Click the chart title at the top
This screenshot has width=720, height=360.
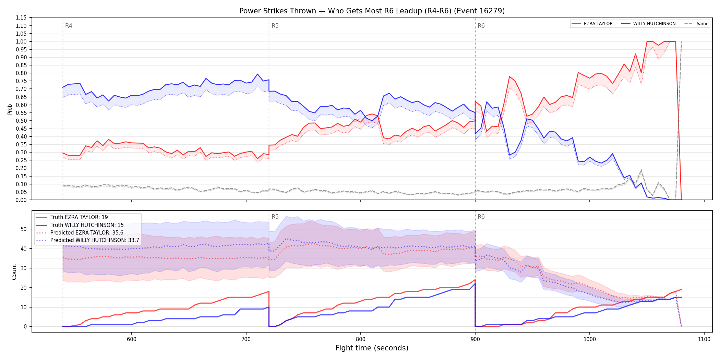(x=372, y=11)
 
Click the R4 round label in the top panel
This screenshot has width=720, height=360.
(x=69, y=26)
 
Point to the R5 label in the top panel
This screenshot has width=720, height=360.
(x=275, y=26)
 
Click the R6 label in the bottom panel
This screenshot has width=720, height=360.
(x=481, y=217)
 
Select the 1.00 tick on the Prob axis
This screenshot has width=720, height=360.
(x=21, y=41)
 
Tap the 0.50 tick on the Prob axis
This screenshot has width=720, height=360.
(x=21, y=121)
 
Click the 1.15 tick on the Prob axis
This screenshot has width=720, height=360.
(x=21, y=18)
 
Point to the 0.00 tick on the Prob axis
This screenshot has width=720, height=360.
(x=21, y=200)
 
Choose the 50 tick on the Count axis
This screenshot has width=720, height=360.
(x=24, y=229)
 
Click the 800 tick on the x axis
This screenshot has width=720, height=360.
(x=361, y=339)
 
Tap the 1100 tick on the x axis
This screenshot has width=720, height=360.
(x=704, y=339)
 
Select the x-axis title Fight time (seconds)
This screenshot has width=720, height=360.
(x=372, y=348)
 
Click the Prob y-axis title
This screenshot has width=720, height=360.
(x=10, y=109)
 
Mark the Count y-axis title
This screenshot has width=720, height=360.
(x=14, y=272)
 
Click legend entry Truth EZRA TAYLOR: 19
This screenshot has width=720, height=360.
(x=79, y=217)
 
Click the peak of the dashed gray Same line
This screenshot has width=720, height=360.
(x=681, y=41)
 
